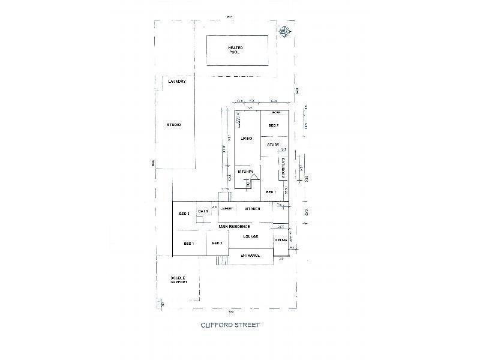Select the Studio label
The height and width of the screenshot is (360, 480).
click(174, 125)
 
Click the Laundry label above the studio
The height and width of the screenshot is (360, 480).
click(176, 81)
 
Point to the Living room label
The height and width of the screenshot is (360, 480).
click(247, 139)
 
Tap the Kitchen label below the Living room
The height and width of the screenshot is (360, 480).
click(247, 172)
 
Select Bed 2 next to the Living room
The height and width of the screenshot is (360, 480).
click(274, 125)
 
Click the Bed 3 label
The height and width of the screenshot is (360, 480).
click(184, 213)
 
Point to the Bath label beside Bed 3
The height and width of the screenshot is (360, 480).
click(203, 211)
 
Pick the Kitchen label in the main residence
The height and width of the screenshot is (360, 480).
click(252, 208)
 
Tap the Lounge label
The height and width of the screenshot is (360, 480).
click(251, 236)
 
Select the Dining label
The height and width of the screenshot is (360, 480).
click(281, 240)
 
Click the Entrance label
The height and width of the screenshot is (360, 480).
click(250, 256)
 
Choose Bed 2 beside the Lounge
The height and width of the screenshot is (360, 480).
click(217, 243)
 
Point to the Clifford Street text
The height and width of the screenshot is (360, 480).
click(230, 325)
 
